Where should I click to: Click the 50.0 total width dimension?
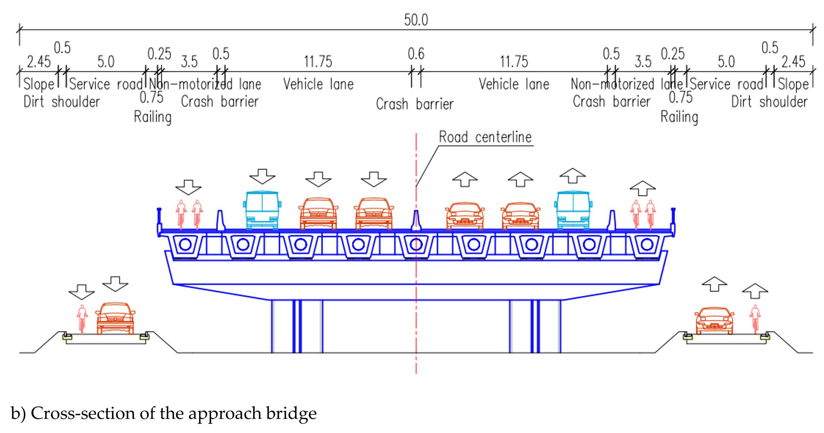416,20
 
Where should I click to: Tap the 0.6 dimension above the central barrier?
416,54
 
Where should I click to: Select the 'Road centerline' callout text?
485,137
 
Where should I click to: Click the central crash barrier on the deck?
416,221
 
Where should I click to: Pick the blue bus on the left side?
262,210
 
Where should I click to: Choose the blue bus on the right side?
573,210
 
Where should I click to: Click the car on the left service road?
115,318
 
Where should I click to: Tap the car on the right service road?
714,320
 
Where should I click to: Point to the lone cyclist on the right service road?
755,319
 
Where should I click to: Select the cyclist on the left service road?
82,319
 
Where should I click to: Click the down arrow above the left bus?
262,176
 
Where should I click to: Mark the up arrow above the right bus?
573,175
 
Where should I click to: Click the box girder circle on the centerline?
416,245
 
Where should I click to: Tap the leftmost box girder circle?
185,245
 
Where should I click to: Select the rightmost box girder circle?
647,245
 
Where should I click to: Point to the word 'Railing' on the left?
153,117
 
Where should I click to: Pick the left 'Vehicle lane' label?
318,84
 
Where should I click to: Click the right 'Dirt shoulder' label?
769,102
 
